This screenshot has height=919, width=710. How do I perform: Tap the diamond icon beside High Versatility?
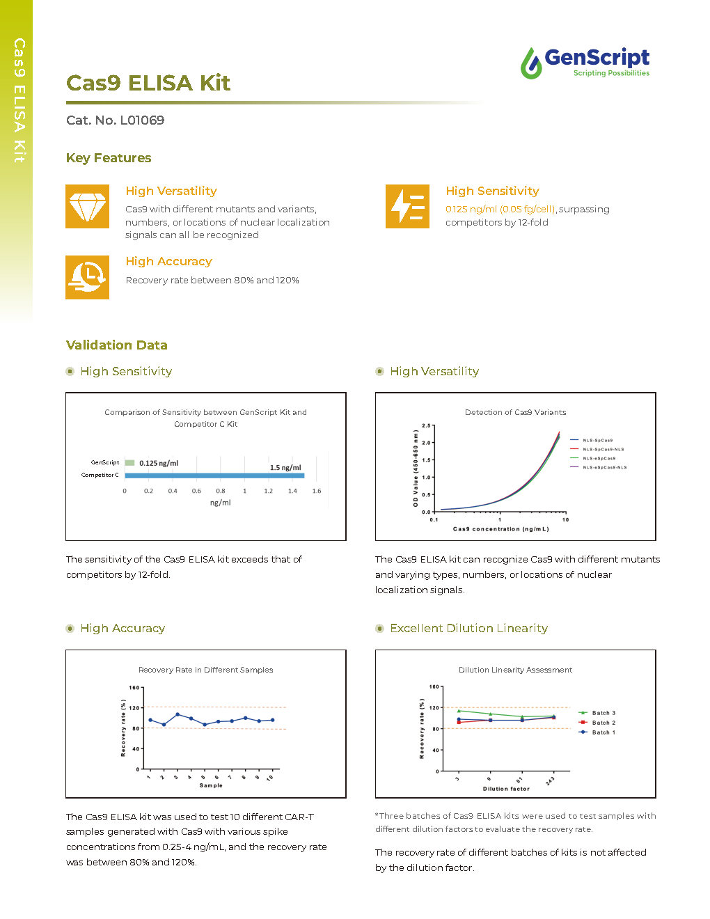click(x=87, y=206)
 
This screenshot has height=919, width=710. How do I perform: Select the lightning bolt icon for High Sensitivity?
click(x=407, y=206)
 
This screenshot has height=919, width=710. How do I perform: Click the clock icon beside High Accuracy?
click(x=87, y=277)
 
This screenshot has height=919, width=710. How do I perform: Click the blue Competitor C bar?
click(x=214, y=476)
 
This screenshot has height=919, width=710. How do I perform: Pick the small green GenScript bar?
click(x=129, y=463)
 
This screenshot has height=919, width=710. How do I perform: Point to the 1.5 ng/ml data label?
click(x=285, y=468)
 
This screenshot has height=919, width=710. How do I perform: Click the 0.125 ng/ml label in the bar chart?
click(x=159, y=463)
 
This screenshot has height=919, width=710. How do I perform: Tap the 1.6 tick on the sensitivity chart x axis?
click(x=317, y=491)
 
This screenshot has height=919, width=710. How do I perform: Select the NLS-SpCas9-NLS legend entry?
click(x=603, y=449)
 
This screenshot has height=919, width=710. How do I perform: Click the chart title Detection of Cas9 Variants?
click(x=515, y=412)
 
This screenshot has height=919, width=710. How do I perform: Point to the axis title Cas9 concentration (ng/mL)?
click(x=500, y=529)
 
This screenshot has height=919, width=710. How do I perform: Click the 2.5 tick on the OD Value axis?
click(x=426, y=425)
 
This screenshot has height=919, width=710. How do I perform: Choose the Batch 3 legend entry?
click(x=603, y=713)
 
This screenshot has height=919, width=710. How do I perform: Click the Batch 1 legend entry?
click(x=603, y=732)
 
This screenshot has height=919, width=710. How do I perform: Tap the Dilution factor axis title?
click(x=506, y=789)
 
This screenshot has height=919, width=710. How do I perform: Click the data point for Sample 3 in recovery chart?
click(x=177, y=714)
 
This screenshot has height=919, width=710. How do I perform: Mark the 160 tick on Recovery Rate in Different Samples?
click(x=134, y=688)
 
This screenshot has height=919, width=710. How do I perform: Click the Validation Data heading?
click(x=116, y=345)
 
